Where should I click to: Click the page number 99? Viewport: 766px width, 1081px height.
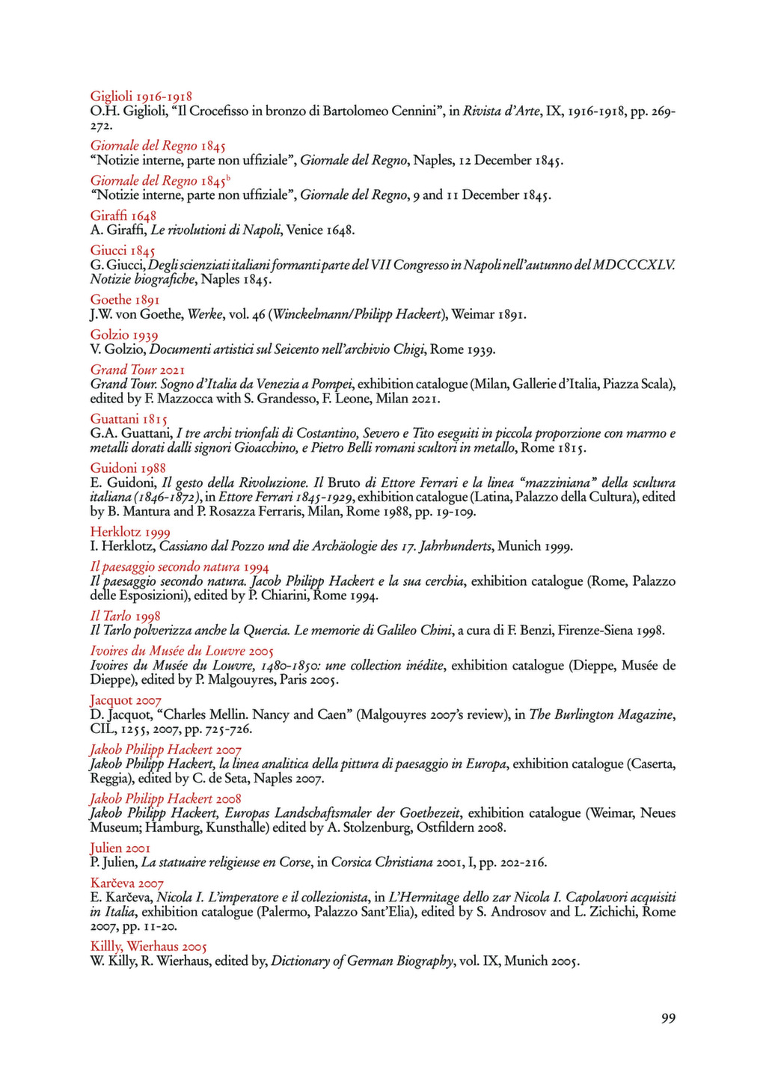coord(668,1018)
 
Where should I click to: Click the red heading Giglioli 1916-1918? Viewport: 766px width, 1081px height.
coord(141,97)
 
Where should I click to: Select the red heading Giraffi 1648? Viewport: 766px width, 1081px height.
coord(123,216)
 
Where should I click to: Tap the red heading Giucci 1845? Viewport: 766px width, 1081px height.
coord(123,251)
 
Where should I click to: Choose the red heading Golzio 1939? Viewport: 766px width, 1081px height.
coord(124,334)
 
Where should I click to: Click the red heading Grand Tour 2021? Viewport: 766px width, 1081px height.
coord(138,370)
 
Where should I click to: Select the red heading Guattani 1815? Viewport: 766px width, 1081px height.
coord(129,419)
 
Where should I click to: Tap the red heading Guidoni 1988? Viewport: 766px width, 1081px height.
coord(128,468)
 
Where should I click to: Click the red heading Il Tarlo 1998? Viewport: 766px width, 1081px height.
coord(126,616)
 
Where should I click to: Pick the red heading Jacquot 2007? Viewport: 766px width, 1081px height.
coord(126,700)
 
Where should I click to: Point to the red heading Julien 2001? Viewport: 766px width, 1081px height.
coord(120,848)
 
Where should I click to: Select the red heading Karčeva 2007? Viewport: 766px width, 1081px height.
coord(127,883)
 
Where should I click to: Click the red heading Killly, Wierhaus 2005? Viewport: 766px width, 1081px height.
coord(149,946)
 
